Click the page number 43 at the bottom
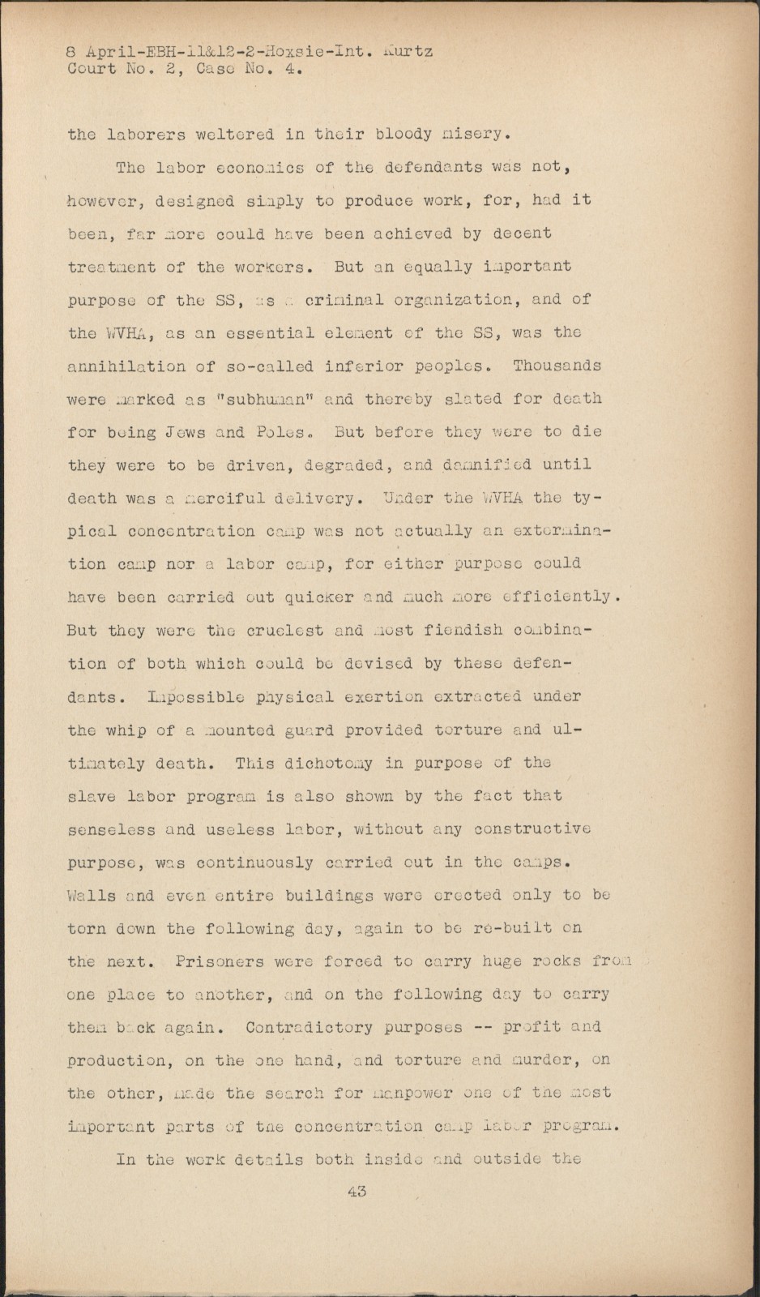pos(357,1191)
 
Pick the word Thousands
pos(557,366)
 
